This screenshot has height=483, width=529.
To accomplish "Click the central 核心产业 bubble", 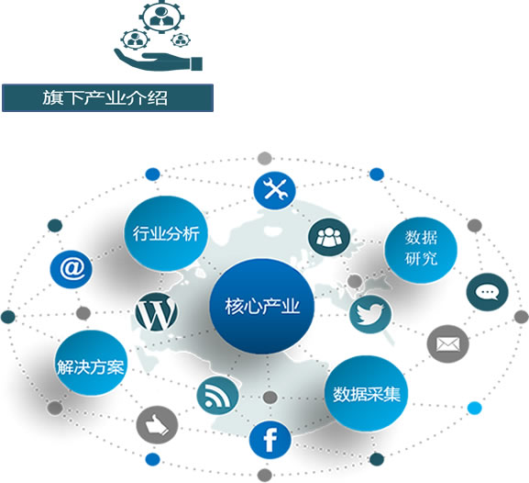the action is point(262,306).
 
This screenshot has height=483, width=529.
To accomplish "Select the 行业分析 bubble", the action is point(165,233).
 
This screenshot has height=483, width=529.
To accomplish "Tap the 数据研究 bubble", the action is point(421,250).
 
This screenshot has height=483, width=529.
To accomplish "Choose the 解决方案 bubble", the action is point(91,363).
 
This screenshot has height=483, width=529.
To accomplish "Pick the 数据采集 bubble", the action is point(366,393).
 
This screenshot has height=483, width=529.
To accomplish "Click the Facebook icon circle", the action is point(270,440).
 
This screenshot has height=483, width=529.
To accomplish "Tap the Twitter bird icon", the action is point(370,314).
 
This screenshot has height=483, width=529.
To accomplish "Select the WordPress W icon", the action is point(156,312).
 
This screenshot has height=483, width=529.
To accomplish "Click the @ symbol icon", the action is point(72,269).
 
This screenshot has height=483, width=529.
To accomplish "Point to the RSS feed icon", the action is point(217,396).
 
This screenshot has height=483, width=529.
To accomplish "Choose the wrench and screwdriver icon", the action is point(275,190).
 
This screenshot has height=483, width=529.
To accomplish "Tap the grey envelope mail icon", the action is point(447,344).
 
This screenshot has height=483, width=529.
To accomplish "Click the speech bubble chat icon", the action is point(487,292).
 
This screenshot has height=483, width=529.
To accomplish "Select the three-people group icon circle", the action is point(329,237).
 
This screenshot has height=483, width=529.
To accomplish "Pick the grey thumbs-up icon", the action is point(157,425).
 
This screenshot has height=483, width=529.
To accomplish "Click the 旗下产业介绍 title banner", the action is point(107,97).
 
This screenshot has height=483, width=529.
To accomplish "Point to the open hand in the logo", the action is point(158,60).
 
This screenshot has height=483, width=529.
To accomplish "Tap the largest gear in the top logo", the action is point(162,16).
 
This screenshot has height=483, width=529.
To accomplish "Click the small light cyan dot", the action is point(474,408).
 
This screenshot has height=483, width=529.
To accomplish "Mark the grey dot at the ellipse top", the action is point(264,158).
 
